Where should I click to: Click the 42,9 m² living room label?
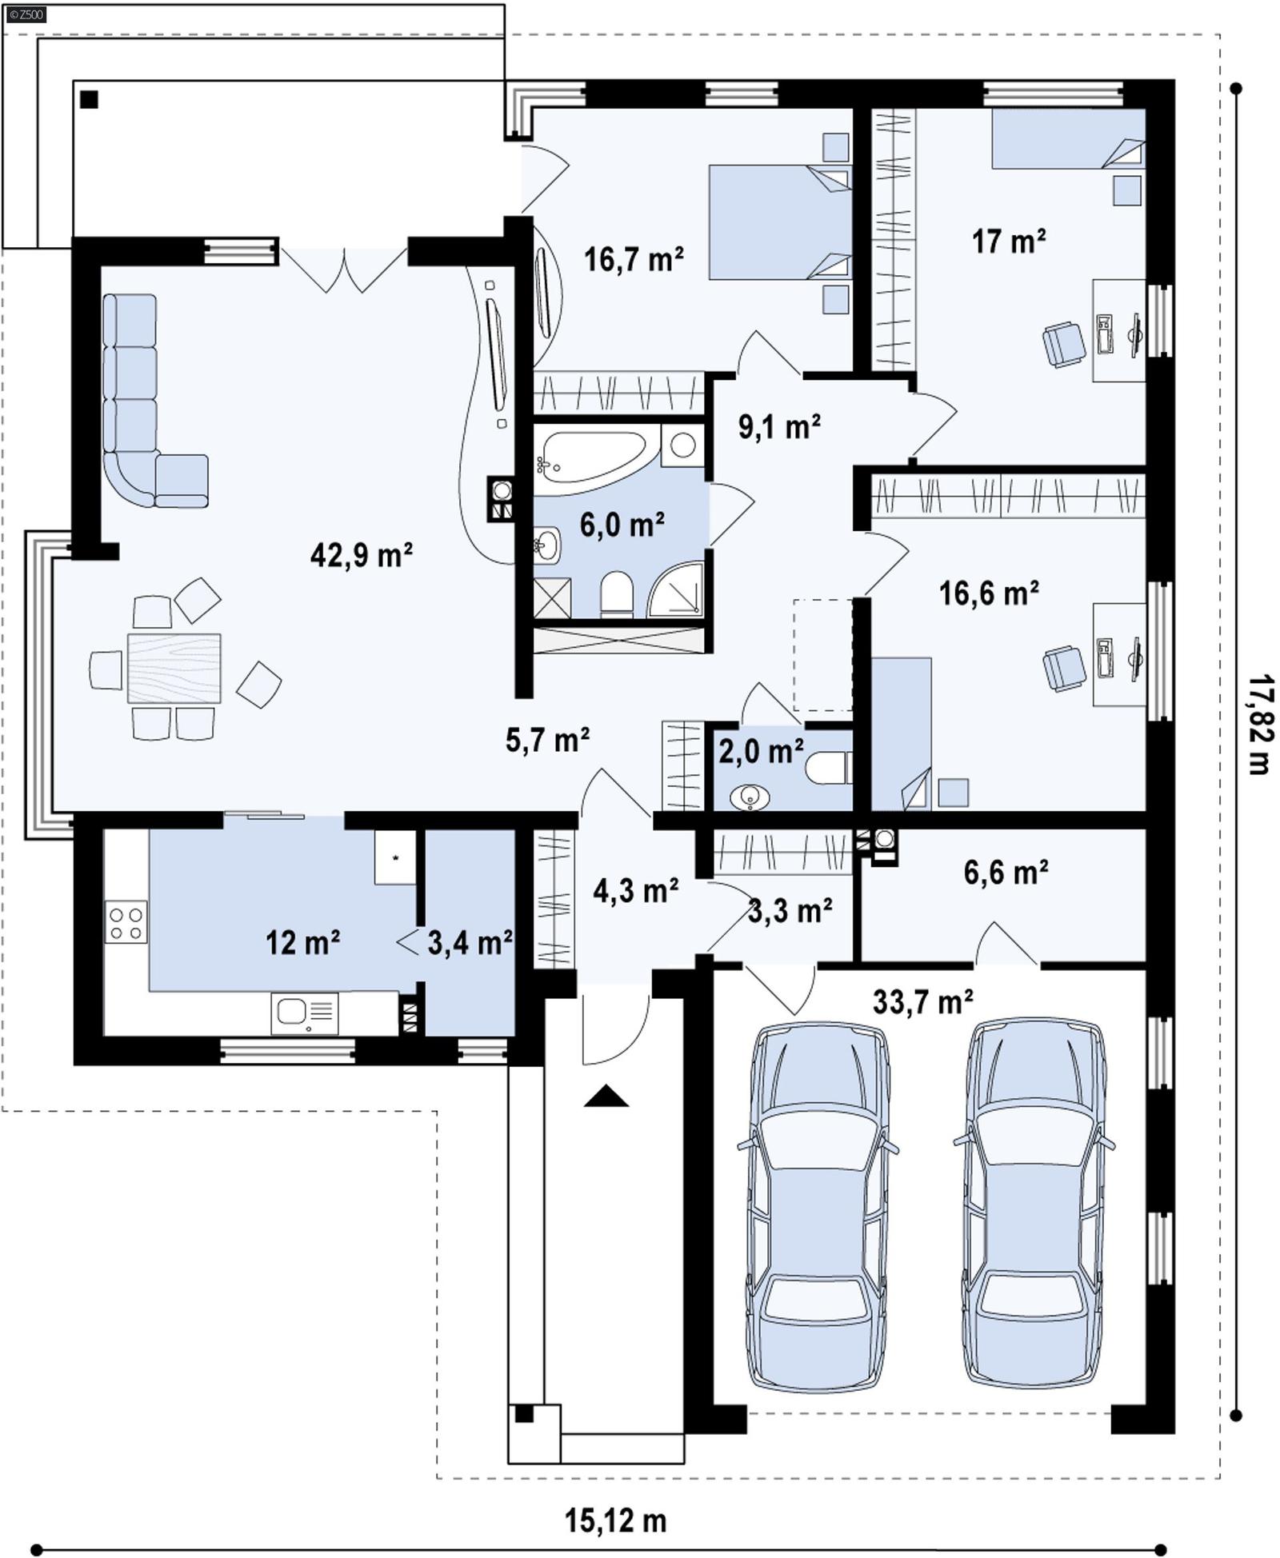361,554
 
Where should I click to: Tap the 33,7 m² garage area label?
922,1001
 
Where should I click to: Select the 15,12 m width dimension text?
615,1520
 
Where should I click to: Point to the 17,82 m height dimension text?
1260,725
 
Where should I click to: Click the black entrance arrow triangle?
606,1096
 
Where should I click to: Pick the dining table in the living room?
174,668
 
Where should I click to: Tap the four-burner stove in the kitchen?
126,922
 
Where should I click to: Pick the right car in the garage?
1035,1202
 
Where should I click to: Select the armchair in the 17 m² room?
1064,344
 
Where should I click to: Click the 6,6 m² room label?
1006,873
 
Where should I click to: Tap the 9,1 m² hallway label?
778,427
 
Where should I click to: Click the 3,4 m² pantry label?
470,943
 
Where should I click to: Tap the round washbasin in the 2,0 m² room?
750,797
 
